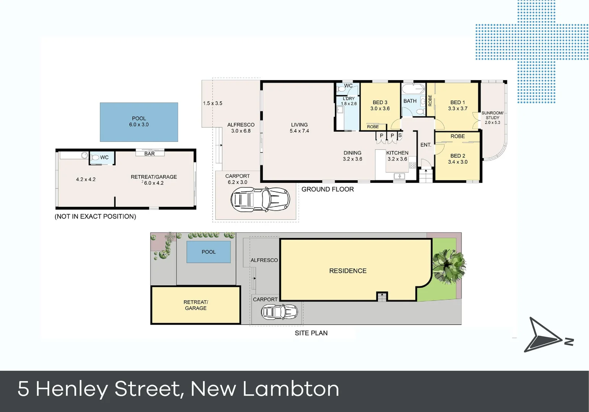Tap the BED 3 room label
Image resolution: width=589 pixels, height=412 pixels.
point(380,102)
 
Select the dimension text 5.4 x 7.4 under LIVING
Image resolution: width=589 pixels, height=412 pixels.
point(299,131)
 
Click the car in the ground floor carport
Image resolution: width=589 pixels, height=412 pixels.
point(260,199)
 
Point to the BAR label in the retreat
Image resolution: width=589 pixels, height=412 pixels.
point(150,154)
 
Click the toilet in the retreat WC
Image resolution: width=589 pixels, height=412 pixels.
point(95,158)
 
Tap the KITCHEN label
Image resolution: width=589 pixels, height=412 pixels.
point(397,153)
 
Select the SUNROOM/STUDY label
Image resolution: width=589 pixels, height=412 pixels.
point(492,115)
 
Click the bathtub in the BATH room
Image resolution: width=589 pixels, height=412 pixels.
point(413,89)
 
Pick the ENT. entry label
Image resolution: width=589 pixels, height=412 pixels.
point(426,145)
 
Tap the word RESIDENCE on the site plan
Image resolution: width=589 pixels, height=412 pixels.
point(348,271)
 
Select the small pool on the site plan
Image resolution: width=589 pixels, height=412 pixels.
point(208,252)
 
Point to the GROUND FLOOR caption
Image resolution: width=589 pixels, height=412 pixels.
point(328,189)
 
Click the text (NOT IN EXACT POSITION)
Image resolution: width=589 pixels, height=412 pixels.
point(95,216)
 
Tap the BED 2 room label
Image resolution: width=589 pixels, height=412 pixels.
point(458,156)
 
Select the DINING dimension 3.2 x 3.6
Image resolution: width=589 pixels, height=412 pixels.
point(352,159)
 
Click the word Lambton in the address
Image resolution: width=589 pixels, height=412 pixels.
point(290,389)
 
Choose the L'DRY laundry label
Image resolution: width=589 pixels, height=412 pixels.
point(349,98)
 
